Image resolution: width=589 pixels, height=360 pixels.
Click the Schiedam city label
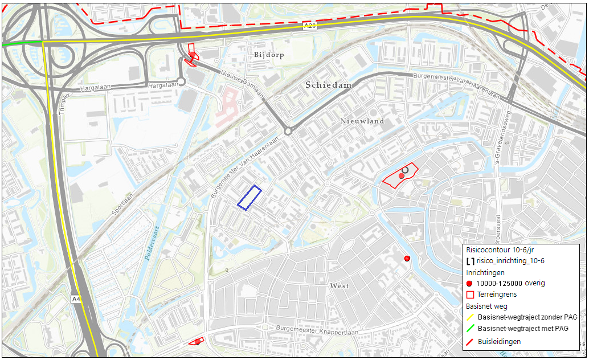pos(329,85)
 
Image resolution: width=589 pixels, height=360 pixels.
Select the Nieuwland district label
pos(362,121)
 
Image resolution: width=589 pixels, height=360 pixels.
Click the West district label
pos(339,285)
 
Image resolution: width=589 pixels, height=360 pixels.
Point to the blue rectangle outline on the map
pos(249,198)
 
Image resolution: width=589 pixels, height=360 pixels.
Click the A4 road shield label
pos(76,298)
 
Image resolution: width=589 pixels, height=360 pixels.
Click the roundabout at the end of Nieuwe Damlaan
pos(288,132)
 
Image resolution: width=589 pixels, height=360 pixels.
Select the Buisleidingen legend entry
pos(499,341)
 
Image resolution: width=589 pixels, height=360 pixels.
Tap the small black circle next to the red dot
pos(405,170)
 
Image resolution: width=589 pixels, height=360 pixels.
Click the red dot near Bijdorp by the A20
pos(193,55)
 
